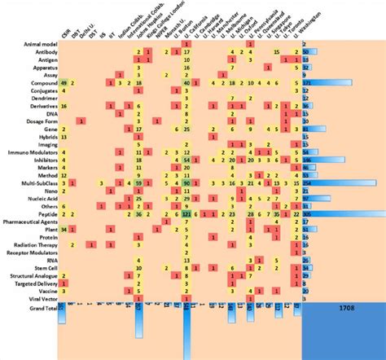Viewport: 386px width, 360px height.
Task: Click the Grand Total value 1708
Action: click(342, 309)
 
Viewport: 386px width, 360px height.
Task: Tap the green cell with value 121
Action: click(186, 214)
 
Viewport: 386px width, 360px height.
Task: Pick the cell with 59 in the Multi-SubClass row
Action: click(139, 183)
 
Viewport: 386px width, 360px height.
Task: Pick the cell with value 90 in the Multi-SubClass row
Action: click(186, 183)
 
